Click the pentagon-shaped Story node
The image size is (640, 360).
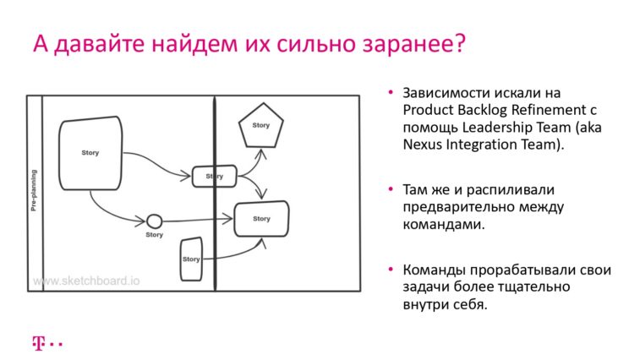[x=261, y=125]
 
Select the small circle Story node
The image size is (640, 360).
[x=154, y=221]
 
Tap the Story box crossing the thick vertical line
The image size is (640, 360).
[x=214, y=177]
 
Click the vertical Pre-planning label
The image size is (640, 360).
[x=34, y=190]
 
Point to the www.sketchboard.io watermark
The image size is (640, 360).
[x=86, y=281]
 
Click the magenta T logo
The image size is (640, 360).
[x=38, y=344]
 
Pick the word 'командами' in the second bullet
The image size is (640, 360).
[x=444, y=225]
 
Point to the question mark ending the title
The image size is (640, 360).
[x=460, y=43]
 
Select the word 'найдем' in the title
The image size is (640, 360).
[x=194, y=43]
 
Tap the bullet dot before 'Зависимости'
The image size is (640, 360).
[x=391, y=93]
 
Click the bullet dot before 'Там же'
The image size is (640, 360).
[x=391, y=189]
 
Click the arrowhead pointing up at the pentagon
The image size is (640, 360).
[x=261, y=154]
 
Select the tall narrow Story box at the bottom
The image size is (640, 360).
[x=191, y=259]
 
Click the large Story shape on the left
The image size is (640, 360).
[x=90, y=153]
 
